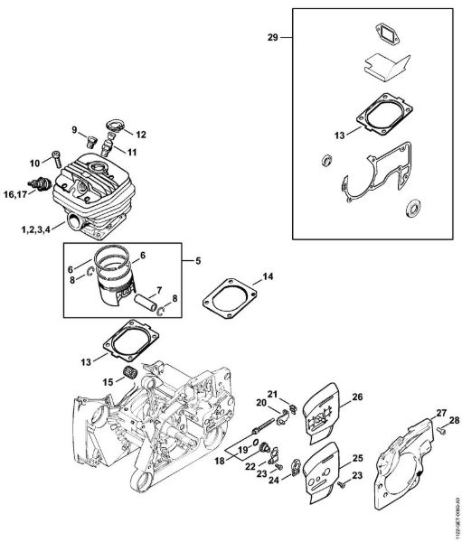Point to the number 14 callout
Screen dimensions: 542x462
pos(267,275)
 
